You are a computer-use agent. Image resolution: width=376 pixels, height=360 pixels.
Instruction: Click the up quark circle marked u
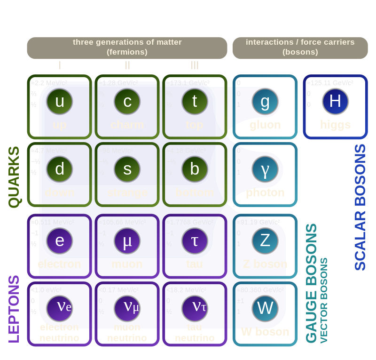coord(60,101)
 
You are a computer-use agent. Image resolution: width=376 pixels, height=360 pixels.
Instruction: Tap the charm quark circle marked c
coord(127,101)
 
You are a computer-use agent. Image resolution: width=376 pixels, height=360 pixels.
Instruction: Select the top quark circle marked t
coord(195,101)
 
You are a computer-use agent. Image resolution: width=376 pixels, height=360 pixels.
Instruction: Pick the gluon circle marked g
coord(265,101)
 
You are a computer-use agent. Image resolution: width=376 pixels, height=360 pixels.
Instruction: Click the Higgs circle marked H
coord(335,101)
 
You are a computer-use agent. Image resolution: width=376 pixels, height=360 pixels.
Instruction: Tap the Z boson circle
coord(265,240)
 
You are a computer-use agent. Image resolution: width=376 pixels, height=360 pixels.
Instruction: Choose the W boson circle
coord(265,308)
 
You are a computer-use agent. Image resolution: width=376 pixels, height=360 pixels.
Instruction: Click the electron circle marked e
coord(60,240)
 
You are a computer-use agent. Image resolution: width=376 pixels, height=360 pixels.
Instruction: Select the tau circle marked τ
coord(195,240)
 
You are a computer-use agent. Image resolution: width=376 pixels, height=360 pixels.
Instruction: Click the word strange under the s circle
coord(127,192)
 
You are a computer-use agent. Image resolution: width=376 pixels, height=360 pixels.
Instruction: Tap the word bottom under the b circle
coord(195,192)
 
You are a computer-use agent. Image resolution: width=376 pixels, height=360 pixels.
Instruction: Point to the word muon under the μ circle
coord(127,264)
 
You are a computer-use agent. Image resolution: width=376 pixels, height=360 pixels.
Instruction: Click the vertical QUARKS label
coord(15,177)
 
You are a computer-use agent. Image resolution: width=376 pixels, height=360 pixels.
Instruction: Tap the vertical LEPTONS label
coord(15,309)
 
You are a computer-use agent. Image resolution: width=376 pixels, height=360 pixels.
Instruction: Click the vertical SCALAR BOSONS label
coord(360,207)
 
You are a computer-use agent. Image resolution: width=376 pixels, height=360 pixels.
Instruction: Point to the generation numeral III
coord(195,65)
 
